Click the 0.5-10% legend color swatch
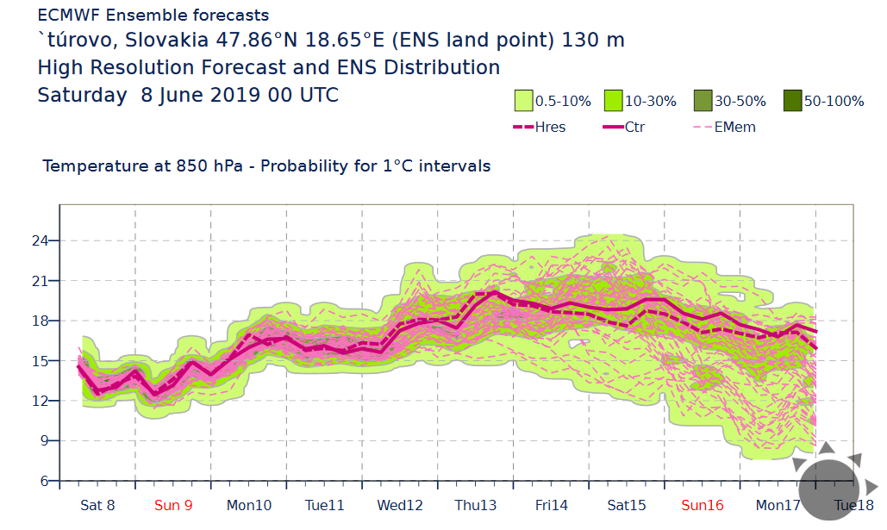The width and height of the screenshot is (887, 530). pos(523,101)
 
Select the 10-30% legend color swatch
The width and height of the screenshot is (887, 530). pos(613,101)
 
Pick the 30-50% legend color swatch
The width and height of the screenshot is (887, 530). pos(703,101)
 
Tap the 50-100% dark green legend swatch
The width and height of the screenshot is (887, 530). pos(792,101)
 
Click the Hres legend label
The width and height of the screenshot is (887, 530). pos(551,127)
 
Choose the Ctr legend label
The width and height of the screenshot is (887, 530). pos(634,127)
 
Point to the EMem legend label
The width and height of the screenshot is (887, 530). pos(732,127)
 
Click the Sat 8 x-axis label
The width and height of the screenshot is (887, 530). pos(97,505)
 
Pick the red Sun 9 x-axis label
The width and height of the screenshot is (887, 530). pos(173,505)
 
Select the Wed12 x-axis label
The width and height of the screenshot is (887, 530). pos(400,505)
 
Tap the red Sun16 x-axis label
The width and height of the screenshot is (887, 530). pos(703,505)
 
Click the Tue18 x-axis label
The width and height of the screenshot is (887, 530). pos(854,505)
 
